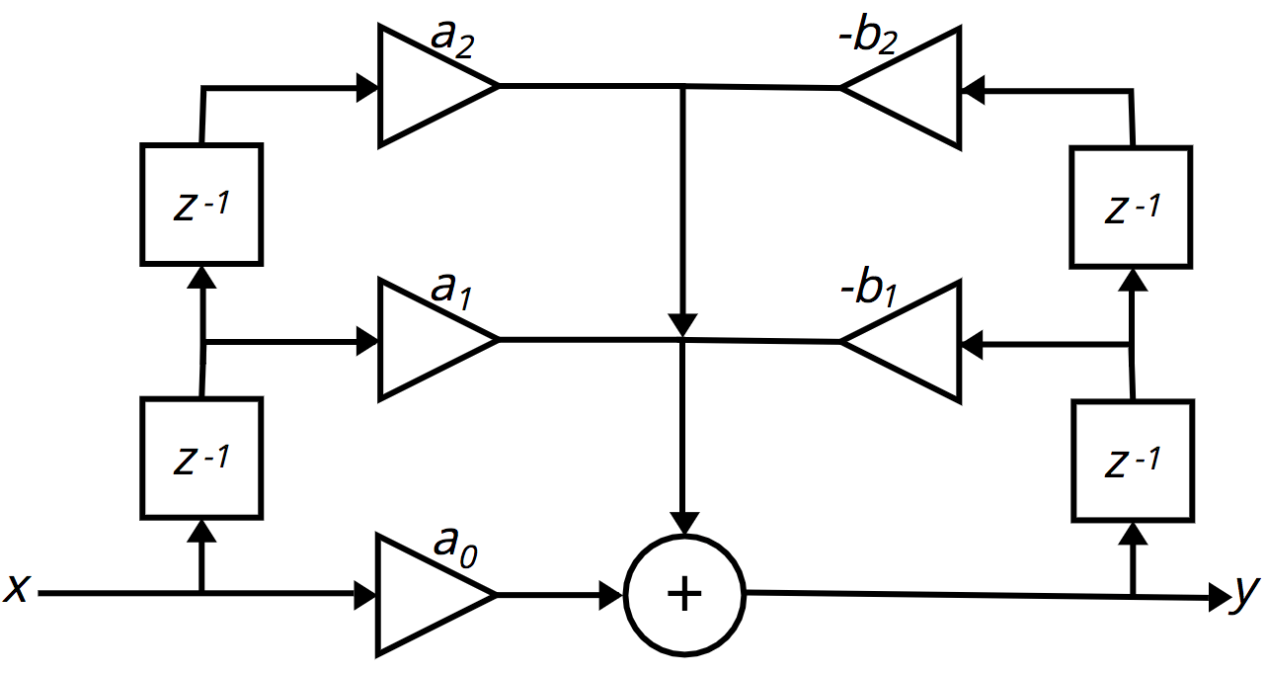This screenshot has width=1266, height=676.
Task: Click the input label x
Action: coord(16,590)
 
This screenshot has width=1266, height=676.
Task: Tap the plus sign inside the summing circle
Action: coord(685,595)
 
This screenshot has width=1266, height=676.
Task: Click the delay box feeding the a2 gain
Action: coord(201,205)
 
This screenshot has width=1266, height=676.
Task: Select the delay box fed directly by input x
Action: coord(201,458)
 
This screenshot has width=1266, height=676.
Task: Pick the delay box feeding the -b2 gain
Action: coord(1131,207)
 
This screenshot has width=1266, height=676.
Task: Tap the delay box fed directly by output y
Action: coord(1131,460)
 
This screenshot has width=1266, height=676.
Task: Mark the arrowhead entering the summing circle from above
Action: coord(683,523)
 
